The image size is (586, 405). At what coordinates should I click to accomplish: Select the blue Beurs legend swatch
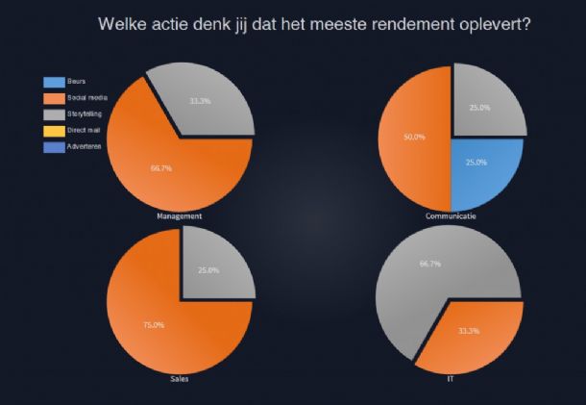pos(53,82)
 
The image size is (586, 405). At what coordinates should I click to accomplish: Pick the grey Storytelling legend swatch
pos(53,114)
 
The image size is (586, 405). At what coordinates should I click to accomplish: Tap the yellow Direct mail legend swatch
pos(53,130)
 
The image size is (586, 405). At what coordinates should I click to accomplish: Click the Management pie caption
pos(179,216)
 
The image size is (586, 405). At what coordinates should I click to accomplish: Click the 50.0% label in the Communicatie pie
pos(414,137)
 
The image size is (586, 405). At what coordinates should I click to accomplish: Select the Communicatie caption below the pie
pos(452,216)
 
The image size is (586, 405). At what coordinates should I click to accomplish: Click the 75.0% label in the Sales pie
pos(155,325)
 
